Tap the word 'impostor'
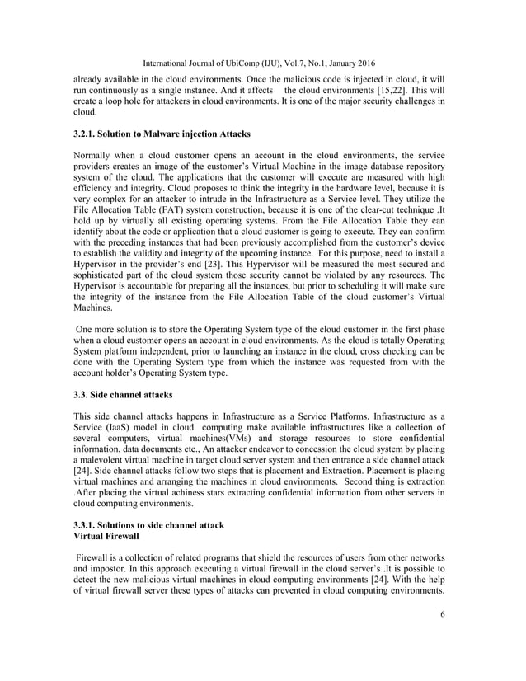coord(115,569)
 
